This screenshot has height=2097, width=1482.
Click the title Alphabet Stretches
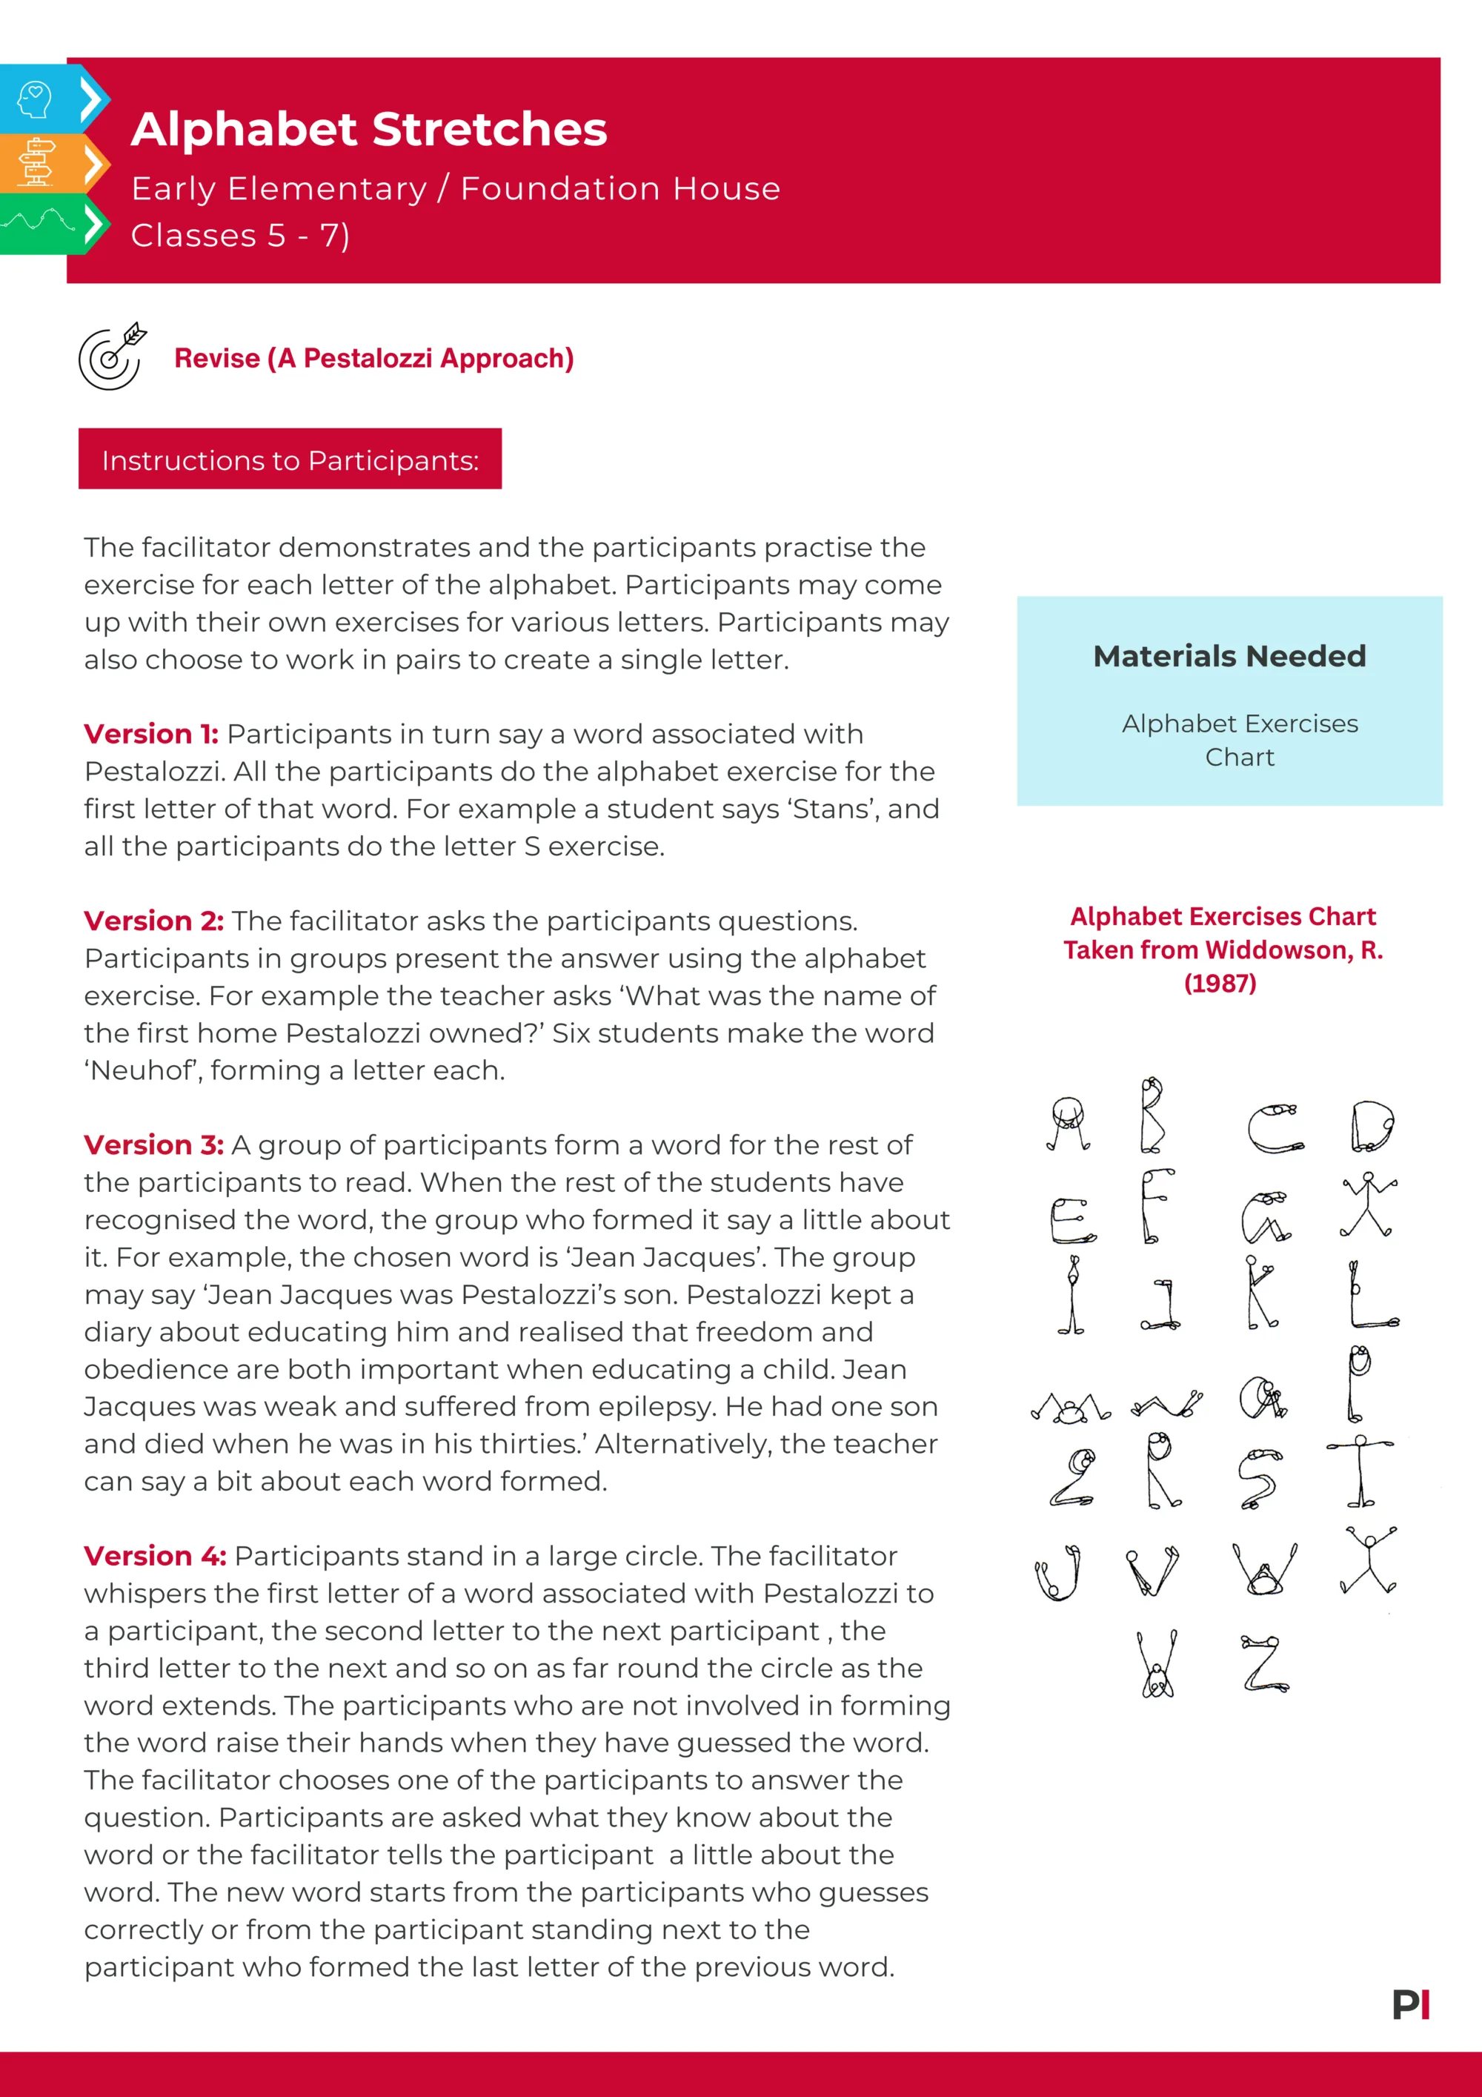[369, 129]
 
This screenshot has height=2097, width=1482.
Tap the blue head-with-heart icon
[35, 99]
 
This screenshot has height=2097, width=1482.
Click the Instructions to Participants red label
[290, 460]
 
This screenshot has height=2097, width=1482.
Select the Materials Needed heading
[1229, 656]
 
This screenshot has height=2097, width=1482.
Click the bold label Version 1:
[150, 733]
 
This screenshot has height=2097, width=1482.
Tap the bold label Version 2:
[153, 921]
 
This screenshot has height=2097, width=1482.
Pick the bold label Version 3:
[153, 1144]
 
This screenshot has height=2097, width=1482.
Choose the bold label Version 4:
[154, 1555]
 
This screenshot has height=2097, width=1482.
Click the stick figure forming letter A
[1068, 1124]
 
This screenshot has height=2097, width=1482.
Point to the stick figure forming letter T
[1360, 1471]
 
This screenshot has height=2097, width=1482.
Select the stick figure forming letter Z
[1265, 1664]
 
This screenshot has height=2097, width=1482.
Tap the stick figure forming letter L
[1372, 1295]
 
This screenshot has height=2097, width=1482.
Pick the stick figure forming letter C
[1275, 1129]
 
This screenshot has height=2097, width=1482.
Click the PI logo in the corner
[1411, 2005]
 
